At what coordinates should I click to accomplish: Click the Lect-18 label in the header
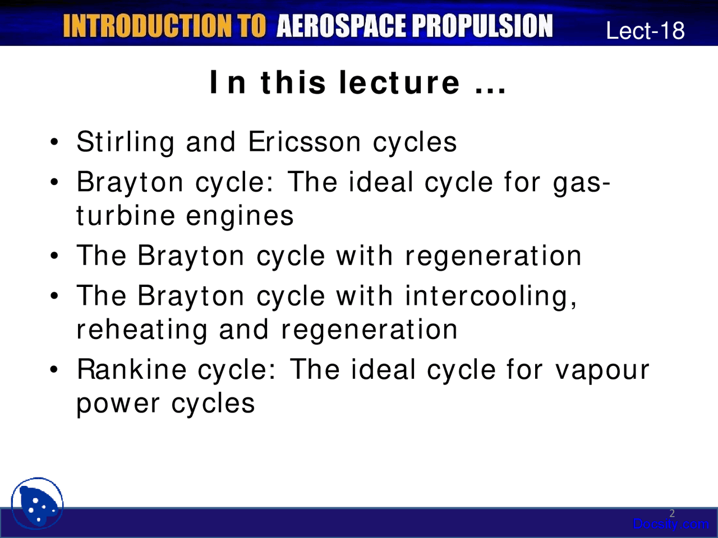[645, 30]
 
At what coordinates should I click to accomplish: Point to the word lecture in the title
[400, 83]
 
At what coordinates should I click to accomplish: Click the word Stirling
[125, 142]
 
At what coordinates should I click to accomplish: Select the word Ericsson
[305, 142]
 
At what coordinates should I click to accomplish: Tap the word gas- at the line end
[582, 183]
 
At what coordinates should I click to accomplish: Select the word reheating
[142, 330]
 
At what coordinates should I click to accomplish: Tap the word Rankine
[131, 370]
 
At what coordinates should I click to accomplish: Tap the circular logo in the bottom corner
[37, 503]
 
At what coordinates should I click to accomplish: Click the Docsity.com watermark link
[670, 525]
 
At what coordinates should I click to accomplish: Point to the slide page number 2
[672, 513]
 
